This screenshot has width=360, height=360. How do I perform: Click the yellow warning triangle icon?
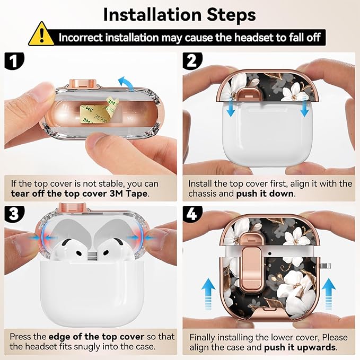41,34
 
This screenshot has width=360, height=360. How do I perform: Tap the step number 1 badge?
14,60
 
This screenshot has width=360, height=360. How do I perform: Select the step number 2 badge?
192,60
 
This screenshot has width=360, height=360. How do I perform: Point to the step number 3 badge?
14,214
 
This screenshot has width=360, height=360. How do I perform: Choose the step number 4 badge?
192,214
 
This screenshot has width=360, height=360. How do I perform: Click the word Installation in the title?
153,15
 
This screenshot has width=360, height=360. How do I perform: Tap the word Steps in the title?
231,15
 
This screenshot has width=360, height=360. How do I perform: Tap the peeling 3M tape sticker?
99,111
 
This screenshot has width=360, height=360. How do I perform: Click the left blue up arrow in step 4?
208,294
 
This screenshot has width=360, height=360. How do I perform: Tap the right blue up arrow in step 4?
329,294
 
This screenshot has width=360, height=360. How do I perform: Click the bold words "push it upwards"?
300,348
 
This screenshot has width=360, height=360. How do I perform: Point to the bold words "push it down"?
265,194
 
